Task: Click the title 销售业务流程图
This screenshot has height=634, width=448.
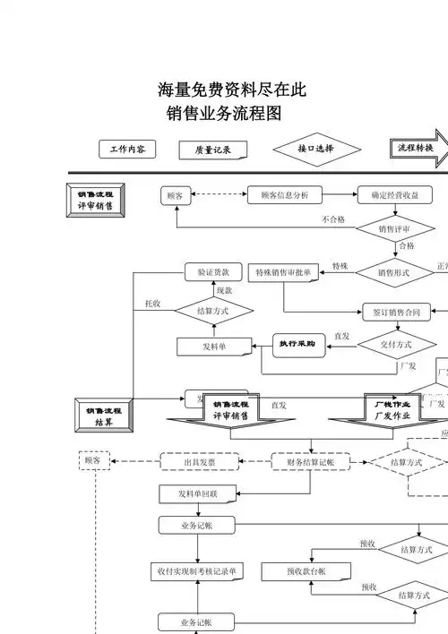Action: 225,115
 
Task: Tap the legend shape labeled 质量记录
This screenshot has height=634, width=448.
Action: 213,150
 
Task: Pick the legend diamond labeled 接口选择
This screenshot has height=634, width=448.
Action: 316,149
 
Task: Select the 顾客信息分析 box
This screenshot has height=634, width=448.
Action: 284,195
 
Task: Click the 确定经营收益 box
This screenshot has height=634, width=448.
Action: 394,195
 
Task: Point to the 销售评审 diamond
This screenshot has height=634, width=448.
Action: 394,229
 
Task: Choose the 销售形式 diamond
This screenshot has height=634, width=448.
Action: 394,272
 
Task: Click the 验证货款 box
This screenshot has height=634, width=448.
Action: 213,271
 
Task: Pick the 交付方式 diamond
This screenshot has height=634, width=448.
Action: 395,344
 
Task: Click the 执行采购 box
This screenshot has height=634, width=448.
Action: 297,344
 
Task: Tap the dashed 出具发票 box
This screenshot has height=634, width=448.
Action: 199,462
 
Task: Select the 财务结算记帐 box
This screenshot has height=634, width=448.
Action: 311,462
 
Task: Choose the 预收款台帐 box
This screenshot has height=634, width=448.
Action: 306,570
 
